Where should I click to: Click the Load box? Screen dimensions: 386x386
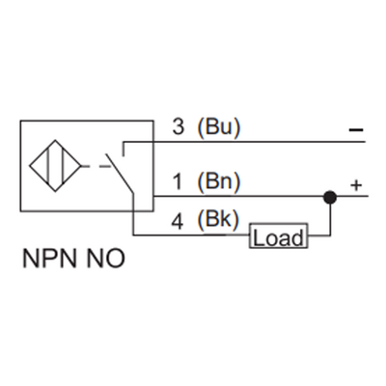pyautogui.click(x=279, y=236)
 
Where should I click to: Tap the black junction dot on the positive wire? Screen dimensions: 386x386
pyautogui.click(x=330, y=197)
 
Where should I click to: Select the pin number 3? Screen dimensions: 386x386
pyautogui.click(x=177, y=126)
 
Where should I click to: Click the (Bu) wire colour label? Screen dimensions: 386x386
pyautogui.click(x=217, y=126)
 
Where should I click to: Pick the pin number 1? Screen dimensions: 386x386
pyautogui.click(x=177, y=181)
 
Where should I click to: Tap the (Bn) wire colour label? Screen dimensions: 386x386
pyautogui.click(x=217, y=181)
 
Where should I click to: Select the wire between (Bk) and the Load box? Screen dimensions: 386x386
pyautogui.click(x=193, y=235)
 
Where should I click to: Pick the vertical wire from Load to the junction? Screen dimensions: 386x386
pyautogui.click(x=330, y=217)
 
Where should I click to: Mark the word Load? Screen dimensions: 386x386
pyautogui.click(x=279, y=236)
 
